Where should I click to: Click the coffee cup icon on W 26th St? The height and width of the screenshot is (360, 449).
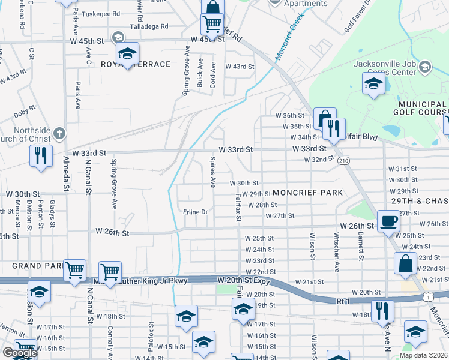[x=388, y=221]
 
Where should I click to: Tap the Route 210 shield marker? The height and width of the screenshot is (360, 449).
[x=343, y=161]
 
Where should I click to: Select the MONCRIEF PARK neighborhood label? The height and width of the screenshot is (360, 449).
[x=307, y=193]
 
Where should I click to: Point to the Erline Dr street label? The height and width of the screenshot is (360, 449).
[x=195, y=212]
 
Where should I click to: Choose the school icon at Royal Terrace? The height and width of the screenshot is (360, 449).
[x=127, y=55]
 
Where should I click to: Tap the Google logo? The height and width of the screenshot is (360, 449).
[x=19, y=353]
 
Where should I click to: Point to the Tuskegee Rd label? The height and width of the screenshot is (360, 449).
[x=100, y=13]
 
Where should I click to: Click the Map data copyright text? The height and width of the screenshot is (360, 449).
[x=423, y=355]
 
